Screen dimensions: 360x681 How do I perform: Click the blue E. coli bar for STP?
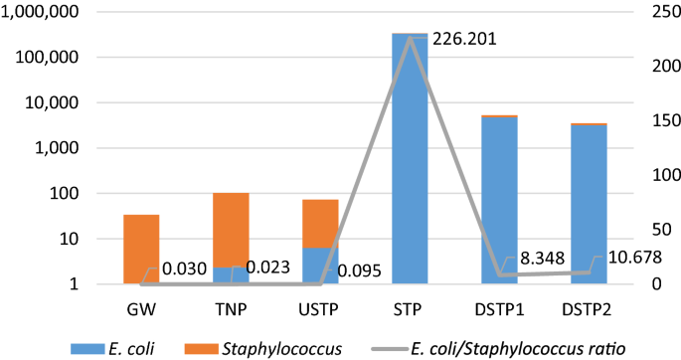[411, 159]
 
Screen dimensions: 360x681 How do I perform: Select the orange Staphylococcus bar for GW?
[141, 249]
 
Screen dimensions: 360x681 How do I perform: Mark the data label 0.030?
[184, 269]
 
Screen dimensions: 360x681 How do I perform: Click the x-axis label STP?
[411, 307]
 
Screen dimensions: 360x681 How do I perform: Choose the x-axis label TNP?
[231, 307]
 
